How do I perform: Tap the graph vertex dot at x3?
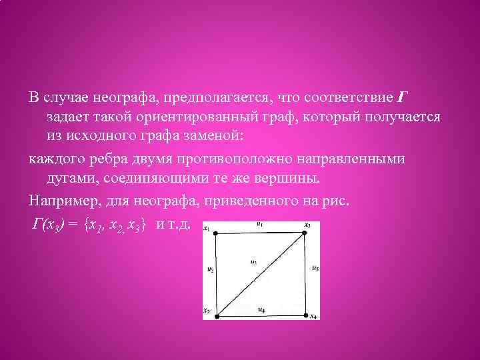(x=306, y=232)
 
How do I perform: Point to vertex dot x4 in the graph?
(x=307, y=314)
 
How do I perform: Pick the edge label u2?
(x=210, y=270)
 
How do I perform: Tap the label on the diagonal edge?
(x=253, y=262)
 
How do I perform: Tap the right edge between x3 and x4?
(x=307, y=273)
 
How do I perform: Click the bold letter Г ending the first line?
(x=401, y=98)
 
